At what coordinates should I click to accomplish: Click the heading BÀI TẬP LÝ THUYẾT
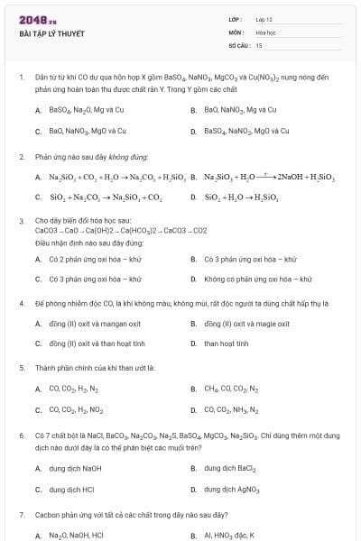coord(51,34)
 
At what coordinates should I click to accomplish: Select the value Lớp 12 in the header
coord(264,19)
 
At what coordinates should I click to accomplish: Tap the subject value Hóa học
coord(266,32)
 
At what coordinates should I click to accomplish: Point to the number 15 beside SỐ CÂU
coord(259,44)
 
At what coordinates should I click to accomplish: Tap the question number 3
coord(21,220)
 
